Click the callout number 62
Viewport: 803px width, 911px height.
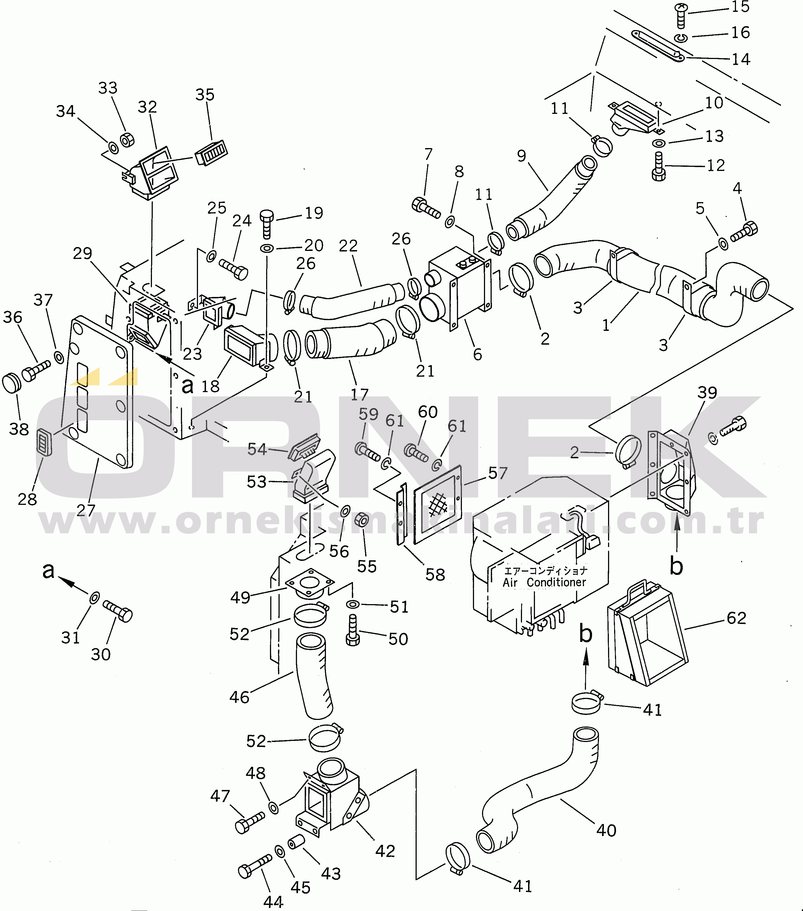pyautogui.click(x=736, y=618)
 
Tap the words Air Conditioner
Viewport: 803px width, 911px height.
pyautogui.click(x=544, y=582)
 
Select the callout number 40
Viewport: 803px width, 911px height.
pyautogui.click(x=606, y=830)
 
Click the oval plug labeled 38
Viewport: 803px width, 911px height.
pyautogui.click(x=12, y=383)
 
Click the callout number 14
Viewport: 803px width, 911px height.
pyautogui.click(x=741, y=59)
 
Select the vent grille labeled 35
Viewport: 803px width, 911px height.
pyautogui.click(x=211, y=153)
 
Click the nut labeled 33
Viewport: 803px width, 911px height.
pyautogui.click(x=127, y=140)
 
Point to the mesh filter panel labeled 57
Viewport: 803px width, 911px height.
pyautogui.click(x=437, y=505)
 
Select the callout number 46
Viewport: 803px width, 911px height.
pyautogui.click(x=239, y=697)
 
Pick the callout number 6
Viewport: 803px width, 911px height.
pyautogui.click(x=478, y=354)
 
